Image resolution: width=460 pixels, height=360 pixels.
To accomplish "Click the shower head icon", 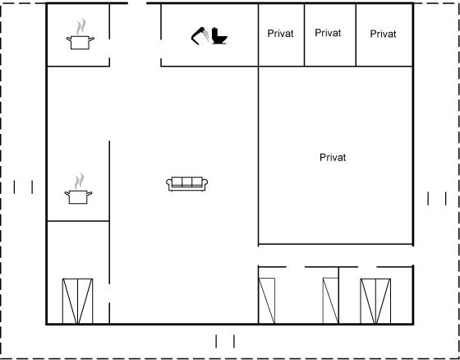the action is click(200, 36).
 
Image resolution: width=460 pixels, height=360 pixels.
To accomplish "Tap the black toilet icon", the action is click(220, 36).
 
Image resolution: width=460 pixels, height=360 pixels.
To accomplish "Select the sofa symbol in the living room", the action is click(187, 184).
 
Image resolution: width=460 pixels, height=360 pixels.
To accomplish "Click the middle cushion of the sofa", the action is click(187, 182).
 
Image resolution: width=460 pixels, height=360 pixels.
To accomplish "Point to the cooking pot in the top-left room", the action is click(80, 42).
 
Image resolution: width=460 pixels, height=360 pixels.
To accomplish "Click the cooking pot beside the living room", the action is click(78, 196).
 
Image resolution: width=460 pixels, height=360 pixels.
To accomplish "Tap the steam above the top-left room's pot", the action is click(81, 27).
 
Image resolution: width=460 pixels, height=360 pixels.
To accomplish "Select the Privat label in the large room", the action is click(333, 157).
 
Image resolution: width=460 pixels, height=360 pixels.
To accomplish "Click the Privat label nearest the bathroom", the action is click(280, 34).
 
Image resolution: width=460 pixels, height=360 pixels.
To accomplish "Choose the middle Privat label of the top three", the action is click(328, 33).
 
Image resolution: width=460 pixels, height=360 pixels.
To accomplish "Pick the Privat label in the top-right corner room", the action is click(383, 34).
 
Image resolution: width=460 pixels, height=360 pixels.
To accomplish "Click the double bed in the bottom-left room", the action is click(77, 301).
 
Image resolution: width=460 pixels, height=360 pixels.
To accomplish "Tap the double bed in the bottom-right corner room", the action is click(375, 301).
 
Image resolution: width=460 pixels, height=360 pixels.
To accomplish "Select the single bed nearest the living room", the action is click(267, 301).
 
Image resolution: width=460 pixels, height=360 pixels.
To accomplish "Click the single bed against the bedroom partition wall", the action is click(330, 301).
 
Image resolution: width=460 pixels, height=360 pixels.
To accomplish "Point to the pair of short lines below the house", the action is click(225, 341).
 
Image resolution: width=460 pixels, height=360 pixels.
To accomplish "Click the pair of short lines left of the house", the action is click(23, 187).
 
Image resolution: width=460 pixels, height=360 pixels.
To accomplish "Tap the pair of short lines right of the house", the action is click(437, 199).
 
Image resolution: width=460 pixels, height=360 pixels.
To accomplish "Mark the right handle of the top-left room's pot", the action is click(91, 39).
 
